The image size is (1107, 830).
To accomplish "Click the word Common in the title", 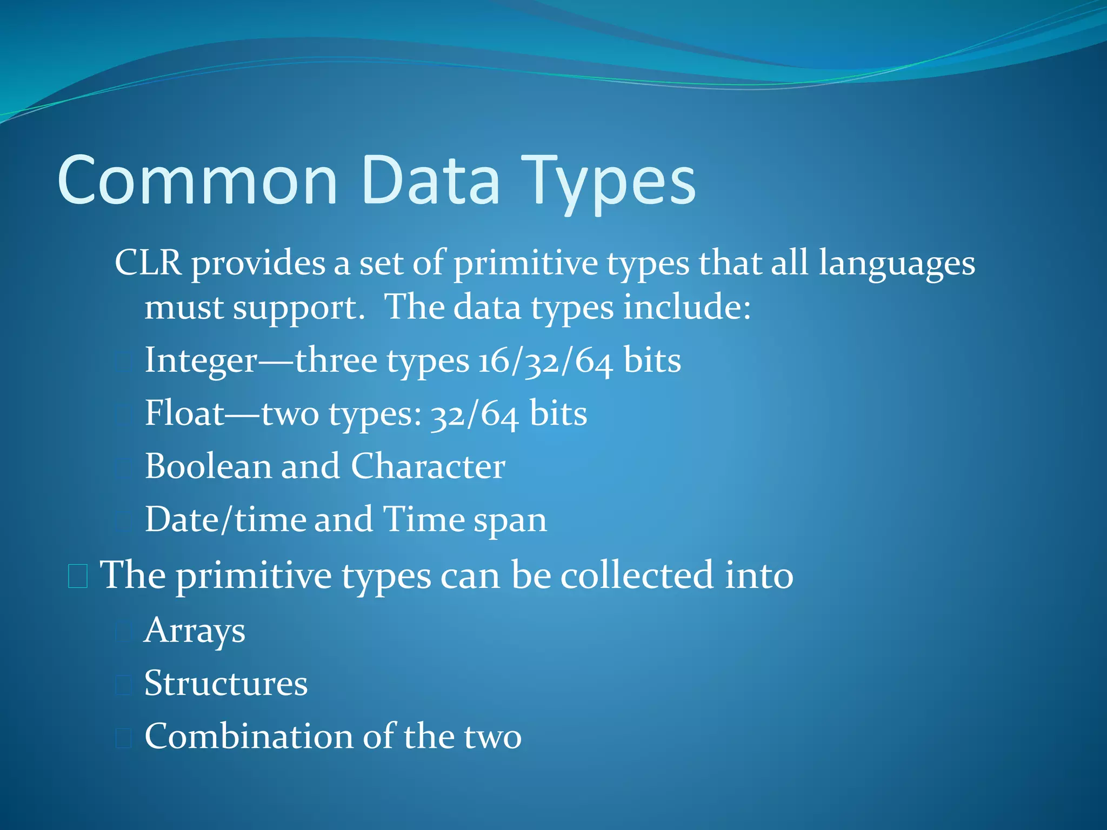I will [197, 181].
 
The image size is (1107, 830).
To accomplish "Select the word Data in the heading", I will [431, 181].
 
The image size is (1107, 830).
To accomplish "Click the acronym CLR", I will [148, 264].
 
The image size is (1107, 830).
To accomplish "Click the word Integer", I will [201, 361].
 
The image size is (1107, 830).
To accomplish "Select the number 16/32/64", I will [545, 361].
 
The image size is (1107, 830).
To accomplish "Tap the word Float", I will [184, 414].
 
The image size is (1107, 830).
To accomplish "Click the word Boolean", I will [208, 466].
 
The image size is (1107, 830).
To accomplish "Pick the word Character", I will [428, 466].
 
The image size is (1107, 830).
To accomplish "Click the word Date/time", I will [225, 520].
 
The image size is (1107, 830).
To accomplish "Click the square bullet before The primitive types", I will [78, 576].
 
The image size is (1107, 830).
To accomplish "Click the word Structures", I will [226, 684].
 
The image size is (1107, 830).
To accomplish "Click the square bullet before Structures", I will [123, 685].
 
